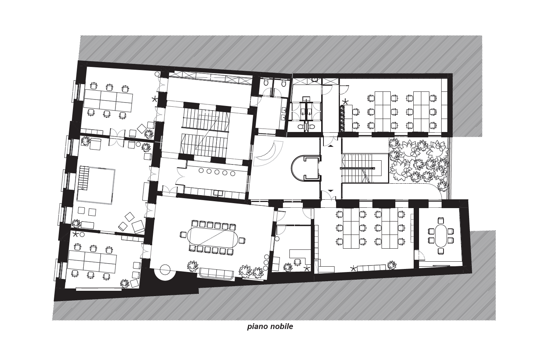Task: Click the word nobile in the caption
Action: [282, 327]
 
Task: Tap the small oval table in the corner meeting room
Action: [441, 236]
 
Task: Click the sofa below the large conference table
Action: [216, 274]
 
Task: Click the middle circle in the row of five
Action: [217, 172]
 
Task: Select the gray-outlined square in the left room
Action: [96, 186]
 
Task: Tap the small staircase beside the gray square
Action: [84, 178]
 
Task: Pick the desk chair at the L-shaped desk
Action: [297, 262]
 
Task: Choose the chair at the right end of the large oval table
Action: [242, 241]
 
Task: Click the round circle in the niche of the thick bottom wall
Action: [166, 269]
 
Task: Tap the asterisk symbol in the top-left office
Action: [154, 99]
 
